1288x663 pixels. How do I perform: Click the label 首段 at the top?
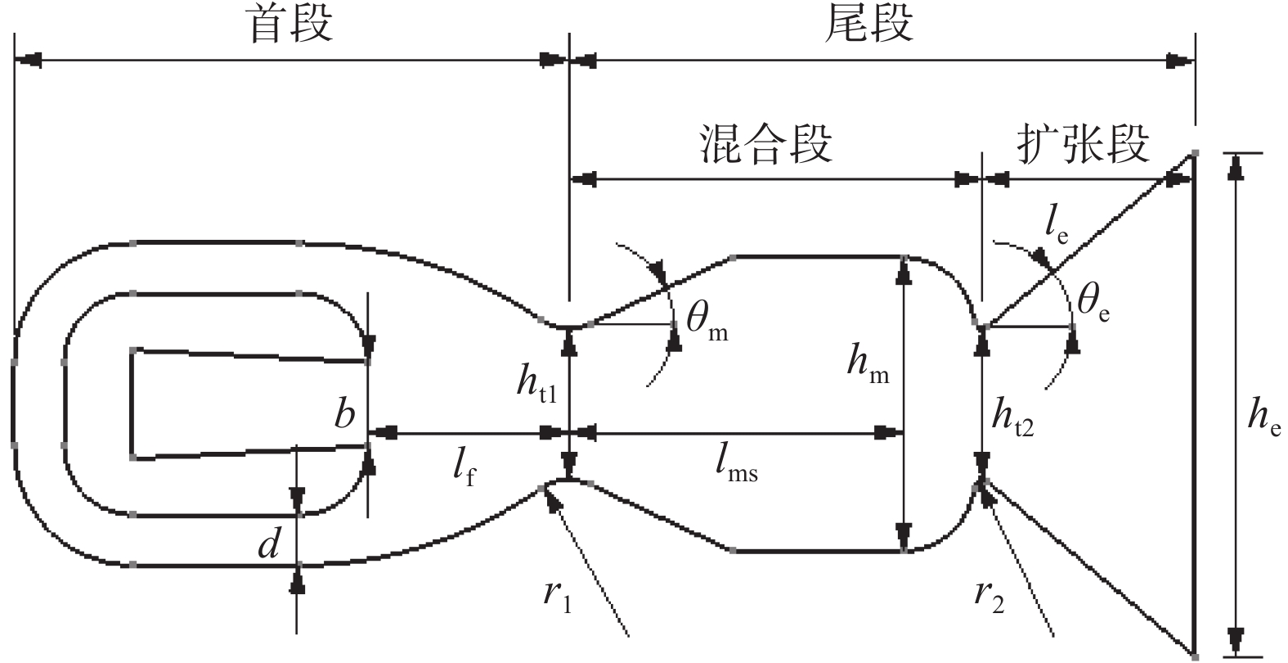[x=291, y=25]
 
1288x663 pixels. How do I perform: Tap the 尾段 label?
[x=868, y=25]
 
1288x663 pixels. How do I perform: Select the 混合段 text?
[x=765, y=144]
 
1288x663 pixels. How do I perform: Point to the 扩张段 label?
[x=1083, y=144]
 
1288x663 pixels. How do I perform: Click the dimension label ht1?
[x=536, y=386]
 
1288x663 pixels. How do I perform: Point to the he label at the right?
[x=1263, y=417]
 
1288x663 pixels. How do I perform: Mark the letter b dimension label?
[x=344, y=414]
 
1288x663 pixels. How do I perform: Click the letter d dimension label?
[x=269, y=544]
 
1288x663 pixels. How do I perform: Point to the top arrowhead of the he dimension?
[x=1237, y=164]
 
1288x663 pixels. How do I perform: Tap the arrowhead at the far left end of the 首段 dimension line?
[x=27, y=60]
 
